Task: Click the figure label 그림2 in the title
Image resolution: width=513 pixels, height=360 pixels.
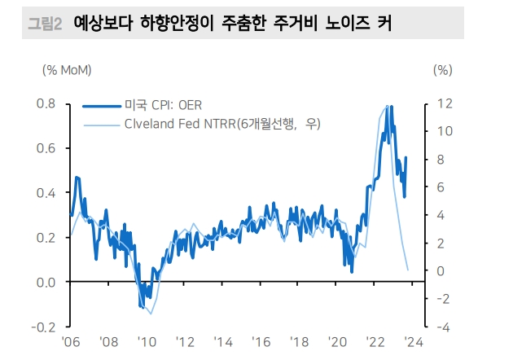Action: click(46, 24)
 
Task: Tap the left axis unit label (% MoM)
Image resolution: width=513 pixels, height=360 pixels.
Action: click(67, 69)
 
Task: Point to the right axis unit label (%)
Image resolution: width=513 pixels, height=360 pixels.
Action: click(443, 69)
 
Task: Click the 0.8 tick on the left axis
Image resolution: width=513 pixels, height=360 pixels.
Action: click(45, 104)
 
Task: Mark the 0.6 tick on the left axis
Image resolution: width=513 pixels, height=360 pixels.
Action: click(45, 148)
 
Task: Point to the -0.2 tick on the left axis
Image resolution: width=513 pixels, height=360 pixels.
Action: click(42, 327)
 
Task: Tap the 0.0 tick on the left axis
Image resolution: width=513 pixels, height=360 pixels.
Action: click(45, 282)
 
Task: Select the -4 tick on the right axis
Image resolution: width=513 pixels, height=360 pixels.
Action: click(442, 327)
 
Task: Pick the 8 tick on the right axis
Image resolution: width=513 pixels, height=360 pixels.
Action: click(440, 160)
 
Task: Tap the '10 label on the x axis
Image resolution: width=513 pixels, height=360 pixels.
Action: click(147, 342)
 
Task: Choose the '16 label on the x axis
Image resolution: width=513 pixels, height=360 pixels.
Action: click(261, 342)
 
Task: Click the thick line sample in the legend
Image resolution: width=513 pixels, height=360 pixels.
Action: click(101, 106)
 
